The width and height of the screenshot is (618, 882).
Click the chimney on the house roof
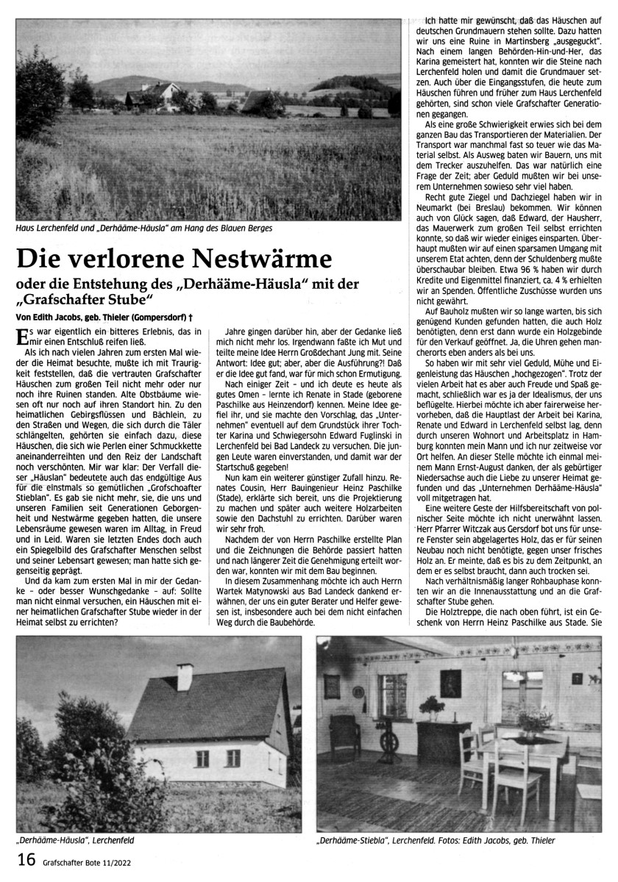click(x=185, y=676)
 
